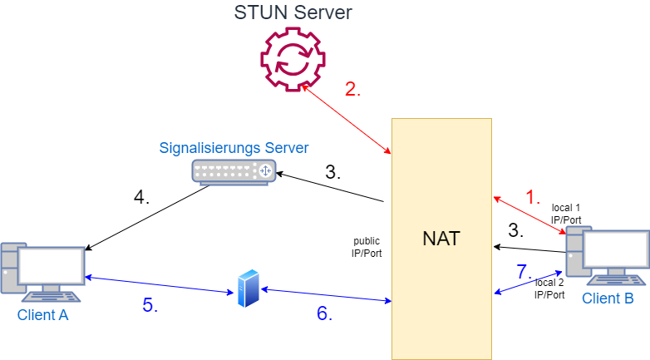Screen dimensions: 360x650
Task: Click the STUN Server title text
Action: coord(293,12)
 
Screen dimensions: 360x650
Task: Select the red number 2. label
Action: coord(353,90)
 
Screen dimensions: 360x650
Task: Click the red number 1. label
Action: coord(534,198)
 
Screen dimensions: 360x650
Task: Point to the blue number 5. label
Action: coord(150,305)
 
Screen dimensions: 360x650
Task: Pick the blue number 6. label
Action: coord(324,313)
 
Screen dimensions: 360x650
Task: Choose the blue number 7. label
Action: coord(523,271)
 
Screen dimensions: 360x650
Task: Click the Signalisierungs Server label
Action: coord(234,148)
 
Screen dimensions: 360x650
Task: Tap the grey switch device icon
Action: coord(234,170)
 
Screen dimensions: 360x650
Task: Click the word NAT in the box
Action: coord(441,239)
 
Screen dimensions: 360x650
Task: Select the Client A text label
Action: coord(43,315)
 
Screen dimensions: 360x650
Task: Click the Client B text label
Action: coord(608,298)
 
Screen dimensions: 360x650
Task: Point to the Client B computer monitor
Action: coord(616,250)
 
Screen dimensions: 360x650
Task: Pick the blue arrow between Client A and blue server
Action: coord(159,285)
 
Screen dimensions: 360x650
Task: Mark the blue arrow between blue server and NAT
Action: coord(326,295)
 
